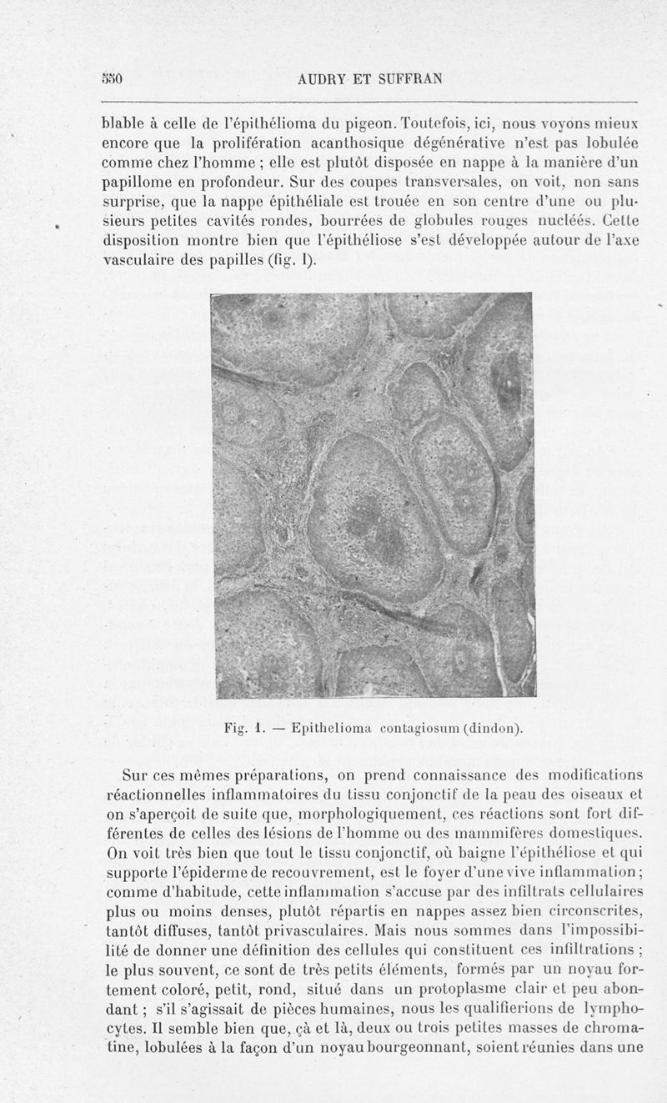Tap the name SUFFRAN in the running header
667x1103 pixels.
point(407,79)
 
